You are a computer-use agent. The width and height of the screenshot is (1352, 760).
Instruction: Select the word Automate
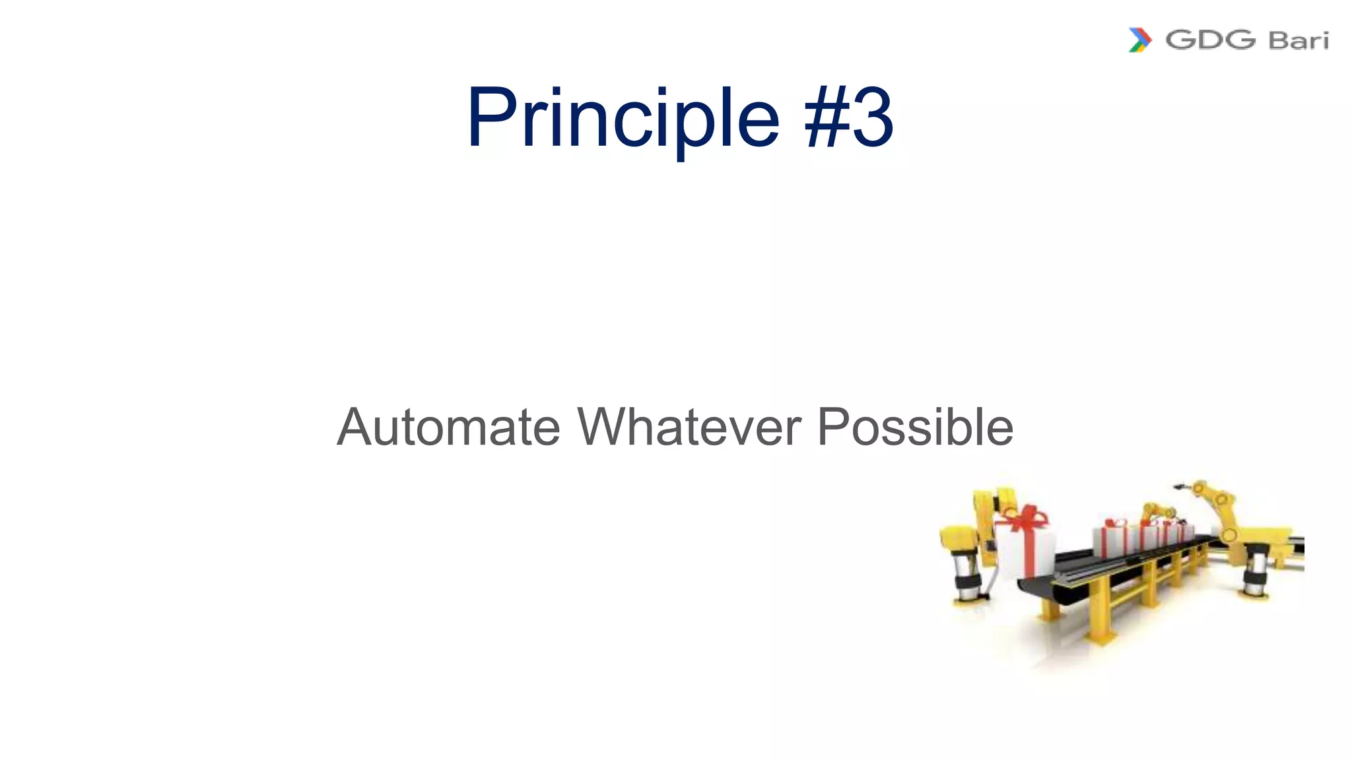pos(449,427)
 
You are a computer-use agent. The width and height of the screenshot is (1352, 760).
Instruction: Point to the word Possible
pos(915,427)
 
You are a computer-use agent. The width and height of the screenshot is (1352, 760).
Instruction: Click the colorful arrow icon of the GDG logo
pos(1139,40)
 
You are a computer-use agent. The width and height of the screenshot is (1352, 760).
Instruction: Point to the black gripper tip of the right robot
pos(1179,487)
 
